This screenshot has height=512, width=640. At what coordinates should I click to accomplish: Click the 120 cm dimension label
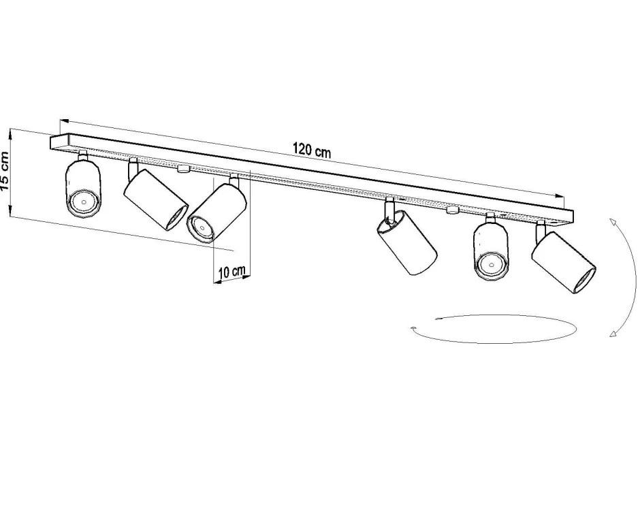312,150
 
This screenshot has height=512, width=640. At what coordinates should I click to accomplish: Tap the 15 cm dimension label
6,171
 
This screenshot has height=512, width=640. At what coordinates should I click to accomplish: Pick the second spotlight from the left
155,199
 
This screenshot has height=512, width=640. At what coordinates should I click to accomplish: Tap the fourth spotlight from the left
406,242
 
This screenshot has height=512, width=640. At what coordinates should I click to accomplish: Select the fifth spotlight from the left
490,251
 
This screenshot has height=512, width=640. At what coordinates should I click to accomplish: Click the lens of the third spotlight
201,226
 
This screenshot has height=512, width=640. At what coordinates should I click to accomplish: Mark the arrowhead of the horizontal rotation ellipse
414,329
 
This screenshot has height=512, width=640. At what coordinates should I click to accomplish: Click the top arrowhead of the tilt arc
612,221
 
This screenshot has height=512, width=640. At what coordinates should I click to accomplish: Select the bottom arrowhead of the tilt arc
613,334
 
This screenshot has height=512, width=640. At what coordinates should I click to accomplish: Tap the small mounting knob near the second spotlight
182,167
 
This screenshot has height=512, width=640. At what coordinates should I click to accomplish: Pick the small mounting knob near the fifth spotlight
451,210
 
